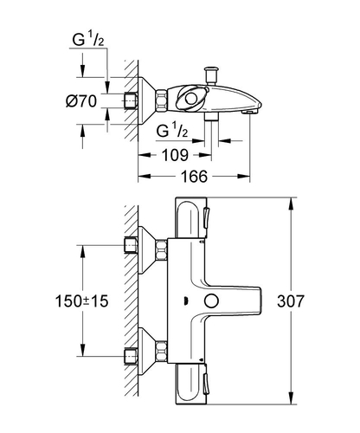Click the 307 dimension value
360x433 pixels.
pyautogui.click(x=291, y=301)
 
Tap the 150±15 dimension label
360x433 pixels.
pyautogui.click(x=81, y=301)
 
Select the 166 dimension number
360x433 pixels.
pyautogui.click(x=194, y=177)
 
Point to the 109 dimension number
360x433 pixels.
pyautogui.click(x=175, y=155)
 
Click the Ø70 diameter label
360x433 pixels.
pyautogui.click(x=81, y=101)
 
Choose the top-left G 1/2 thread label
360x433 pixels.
pyautogui.click(x=88, y=39)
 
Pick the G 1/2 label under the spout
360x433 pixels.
pyautogui.click(x=172, y=130)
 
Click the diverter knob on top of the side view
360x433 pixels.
pyautogui.click(x=211, y=75)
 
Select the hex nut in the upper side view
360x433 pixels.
pyautogui.click(x=162, y=100)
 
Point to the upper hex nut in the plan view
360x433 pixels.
pyautogui.click(x=162, y=249)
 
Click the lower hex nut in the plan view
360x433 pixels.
pyautogui.click(x=162, y=352)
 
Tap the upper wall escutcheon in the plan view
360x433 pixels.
pyautogui.click(x=146, y=250)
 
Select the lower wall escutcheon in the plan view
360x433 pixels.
pyautogui.click(x=146, y=352)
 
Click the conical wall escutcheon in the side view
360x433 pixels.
pyautogui.click(x=146, y=100)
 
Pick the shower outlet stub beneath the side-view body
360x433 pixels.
pyautogui.click(x=211, y=116)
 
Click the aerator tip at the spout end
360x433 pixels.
pyautogui.click(x=250, y=112)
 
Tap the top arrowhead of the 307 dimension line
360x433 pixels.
pyautogui.click(x=291, y=204)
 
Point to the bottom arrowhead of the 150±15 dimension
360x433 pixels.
pyautogui.click(x=83, y=350)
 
